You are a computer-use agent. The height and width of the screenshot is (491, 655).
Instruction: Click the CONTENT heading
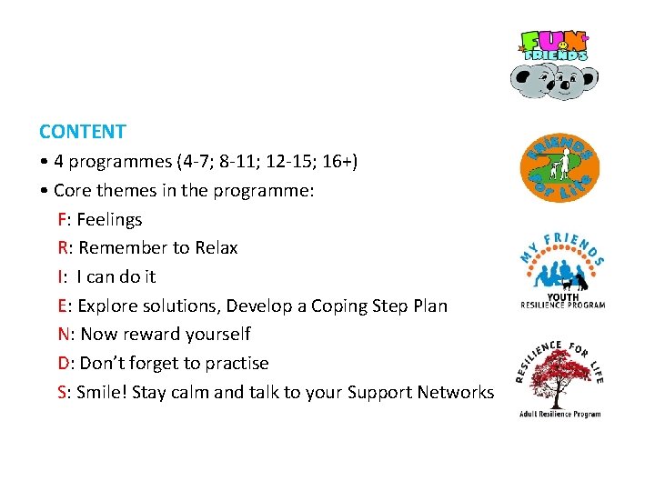coord(82,132)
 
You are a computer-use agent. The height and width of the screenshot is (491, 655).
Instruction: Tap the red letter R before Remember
coord(63,247)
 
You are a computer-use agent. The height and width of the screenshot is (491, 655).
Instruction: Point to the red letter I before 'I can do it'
coord(60,276)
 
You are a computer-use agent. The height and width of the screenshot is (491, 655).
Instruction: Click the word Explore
coord(111,306)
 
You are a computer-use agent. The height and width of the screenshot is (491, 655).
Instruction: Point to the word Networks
coord(455,393)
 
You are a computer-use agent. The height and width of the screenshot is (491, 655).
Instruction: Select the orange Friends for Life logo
coord(559,167)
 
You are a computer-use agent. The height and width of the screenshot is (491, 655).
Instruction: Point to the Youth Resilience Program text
coord(562,301)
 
